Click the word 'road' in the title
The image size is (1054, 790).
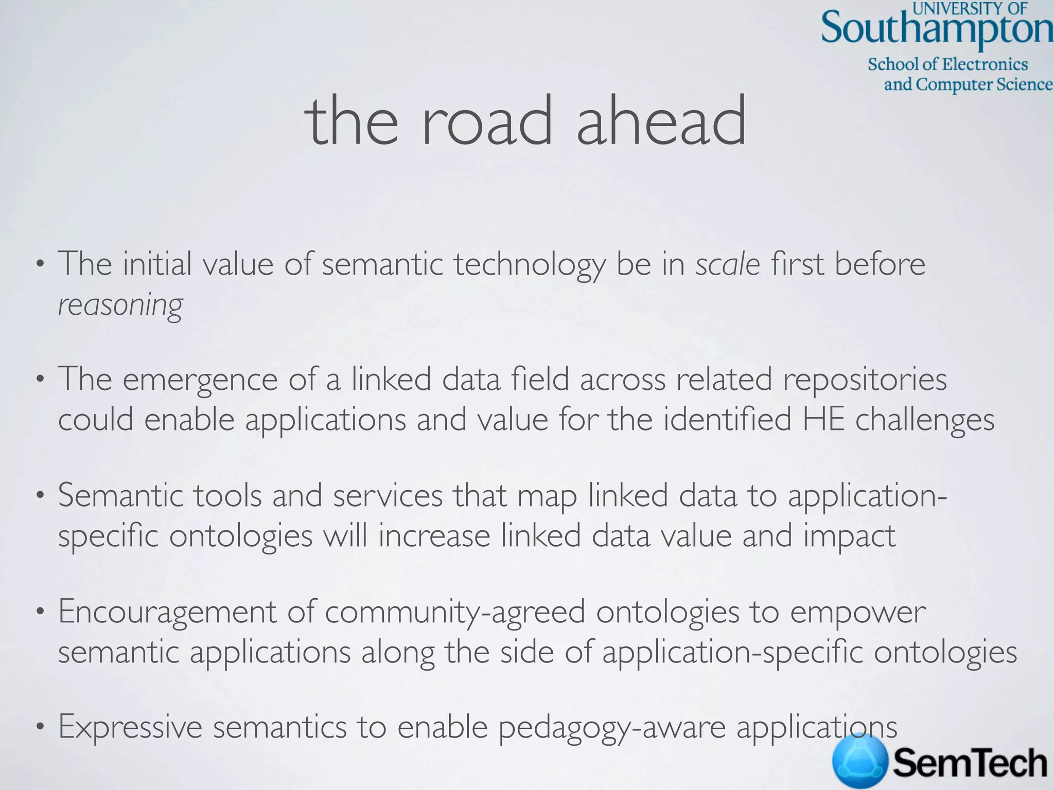(x=487, y=122)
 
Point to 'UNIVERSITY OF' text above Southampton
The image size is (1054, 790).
(x=970, y=8)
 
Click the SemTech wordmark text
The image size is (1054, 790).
(x=970, y=763)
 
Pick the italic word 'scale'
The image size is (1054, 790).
(x=728, y=264)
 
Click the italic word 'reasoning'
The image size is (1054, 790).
(x=120, y=305)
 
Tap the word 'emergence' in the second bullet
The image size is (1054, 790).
(x=200, y=380)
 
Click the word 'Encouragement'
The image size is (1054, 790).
(x=167, y=613)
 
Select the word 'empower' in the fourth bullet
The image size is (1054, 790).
(x=858, y=613)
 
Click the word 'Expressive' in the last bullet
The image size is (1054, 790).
(x=130, y=727)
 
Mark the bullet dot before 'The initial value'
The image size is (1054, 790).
(x=39, y=265)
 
